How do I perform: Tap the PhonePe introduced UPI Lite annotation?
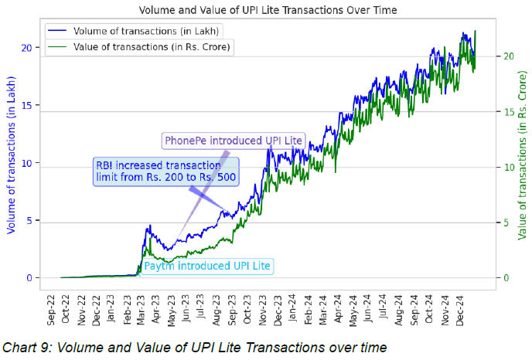[233, 140]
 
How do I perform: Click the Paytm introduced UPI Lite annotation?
[208, 266]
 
